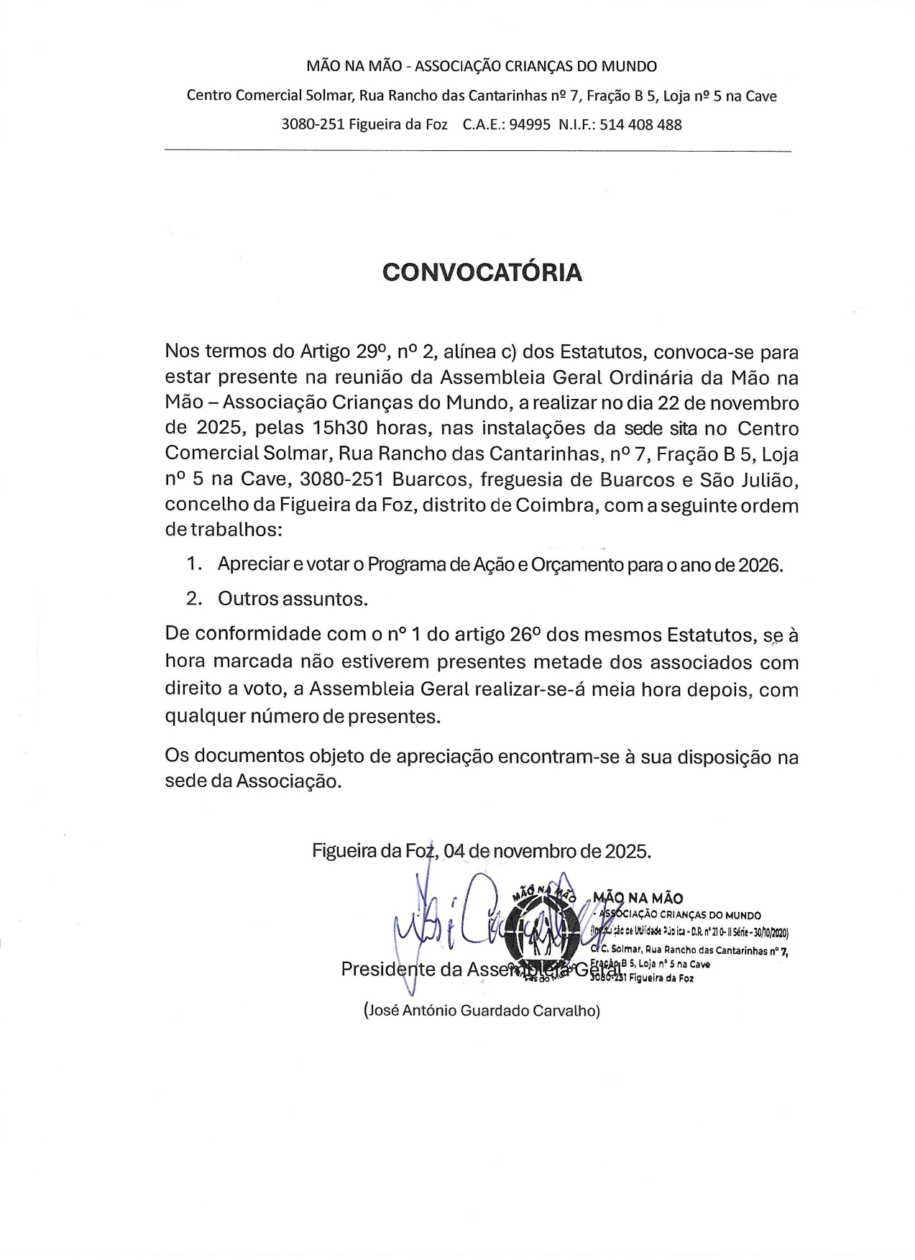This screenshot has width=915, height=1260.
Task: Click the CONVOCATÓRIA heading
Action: tap(482, 272)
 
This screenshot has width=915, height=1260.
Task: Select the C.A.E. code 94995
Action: tap(530, 124)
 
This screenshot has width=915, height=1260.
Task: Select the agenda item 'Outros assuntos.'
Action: tap(293, 598)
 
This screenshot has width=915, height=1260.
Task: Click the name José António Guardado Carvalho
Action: tap(482, 1011)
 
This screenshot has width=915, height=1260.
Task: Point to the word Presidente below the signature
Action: tap(389, 970)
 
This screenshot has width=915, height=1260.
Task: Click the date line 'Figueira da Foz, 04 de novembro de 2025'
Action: tap(482, 851)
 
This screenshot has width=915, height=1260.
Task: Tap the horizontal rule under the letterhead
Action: tap(478, 151)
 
